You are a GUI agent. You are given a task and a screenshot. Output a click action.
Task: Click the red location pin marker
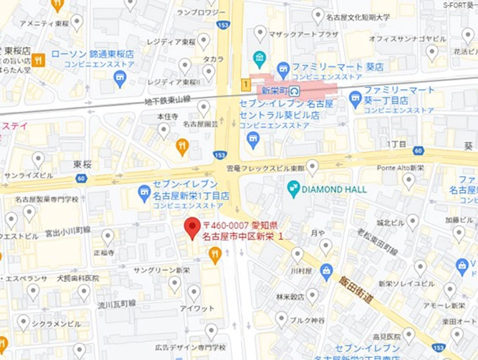191,227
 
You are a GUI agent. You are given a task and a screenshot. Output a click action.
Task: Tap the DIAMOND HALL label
335,189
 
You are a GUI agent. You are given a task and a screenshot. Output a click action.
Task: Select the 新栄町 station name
274,90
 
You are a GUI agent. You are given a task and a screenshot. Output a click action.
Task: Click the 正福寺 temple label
103,252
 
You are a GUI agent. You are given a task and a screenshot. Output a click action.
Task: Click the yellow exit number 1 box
246,85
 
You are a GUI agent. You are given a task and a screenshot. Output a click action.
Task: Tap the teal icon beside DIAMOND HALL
293,189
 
